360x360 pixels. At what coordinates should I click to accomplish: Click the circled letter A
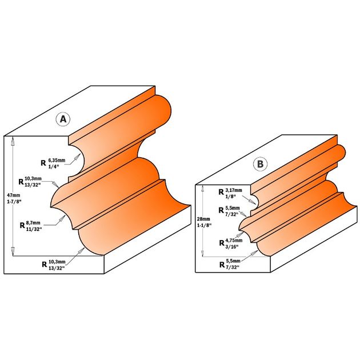coord(63,119)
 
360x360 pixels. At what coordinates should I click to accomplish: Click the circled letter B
coord(260,164)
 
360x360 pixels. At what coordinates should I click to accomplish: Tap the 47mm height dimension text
coord(14,195)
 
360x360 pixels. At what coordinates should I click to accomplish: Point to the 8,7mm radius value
coord(33,223)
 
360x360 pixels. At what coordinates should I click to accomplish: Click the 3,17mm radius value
coord(234,190)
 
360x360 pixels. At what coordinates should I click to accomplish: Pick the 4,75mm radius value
coord(234,241)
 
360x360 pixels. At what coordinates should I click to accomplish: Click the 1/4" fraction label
coord(54,167)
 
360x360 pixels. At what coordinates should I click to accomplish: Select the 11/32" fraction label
coord(34,229)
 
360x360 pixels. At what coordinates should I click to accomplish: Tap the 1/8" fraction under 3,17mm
coord(230,197)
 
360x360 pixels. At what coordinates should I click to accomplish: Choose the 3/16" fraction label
coord(232,247)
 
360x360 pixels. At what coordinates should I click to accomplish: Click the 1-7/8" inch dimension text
coord(14,202)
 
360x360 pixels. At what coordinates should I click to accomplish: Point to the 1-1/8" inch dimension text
coord(204,226)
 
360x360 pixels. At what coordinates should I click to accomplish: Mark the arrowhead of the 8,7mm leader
coord(62,219)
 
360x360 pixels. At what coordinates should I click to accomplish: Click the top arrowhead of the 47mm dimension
coord(13,141)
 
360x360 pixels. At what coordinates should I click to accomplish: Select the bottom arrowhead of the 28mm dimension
coord(202,253)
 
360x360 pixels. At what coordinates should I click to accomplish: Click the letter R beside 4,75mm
coord(222,243)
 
